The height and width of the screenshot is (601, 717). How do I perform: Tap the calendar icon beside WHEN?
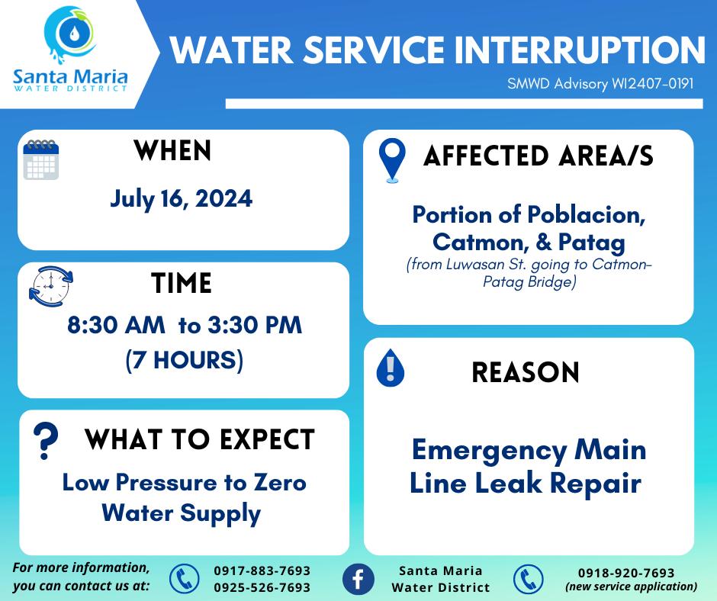click(x=41, y=159)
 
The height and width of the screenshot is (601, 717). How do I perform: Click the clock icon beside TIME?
click(x=51, y=286)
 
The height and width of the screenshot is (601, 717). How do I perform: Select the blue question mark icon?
click(x=46, y=441)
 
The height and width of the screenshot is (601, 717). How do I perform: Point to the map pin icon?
click(x=392, y=160)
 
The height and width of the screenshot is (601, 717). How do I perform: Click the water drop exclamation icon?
click(x=390, y=368)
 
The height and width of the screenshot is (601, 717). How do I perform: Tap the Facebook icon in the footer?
click(x=358, y=579)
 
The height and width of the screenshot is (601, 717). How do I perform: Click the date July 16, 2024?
click(x=181, y=199)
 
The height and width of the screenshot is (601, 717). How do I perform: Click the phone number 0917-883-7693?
click(x=262, y=570)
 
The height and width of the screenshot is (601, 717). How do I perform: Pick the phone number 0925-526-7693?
click(x=262, y=587)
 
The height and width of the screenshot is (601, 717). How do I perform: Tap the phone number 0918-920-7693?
click(x=626, y=573)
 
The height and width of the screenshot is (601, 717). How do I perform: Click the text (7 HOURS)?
click(x=185, y=360)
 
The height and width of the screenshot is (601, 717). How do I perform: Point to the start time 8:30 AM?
click(x=116, y=325)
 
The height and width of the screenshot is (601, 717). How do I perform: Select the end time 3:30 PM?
click(x=256, y=325)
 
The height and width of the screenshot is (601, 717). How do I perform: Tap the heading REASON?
click(x=526, y=372)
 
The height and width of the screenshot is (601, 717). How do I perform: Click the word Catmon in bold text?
click(x=477, y=242)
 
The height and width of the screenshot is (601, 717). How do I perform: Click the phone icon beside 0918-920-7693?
click(x=528, y=580)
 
